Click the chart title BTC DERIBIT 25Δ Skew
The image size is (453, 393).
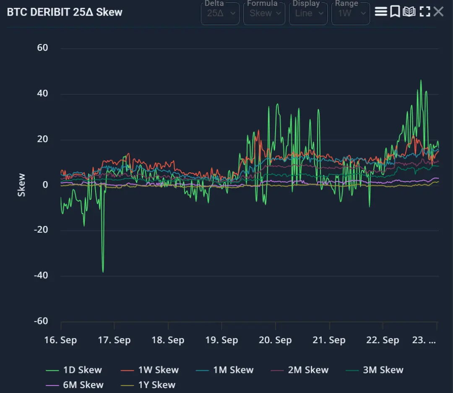pos(65,12)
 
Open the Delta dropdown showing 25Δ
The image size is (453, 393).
pos(220,13)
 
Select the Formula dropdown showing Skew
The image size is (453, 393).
pos(264,13)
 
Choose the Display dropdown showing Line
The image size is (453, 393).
pos(308,13)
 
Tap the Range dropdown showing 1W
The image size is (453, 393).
pos(350,13)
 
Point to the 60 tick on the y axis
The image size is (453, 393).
pos(43,48)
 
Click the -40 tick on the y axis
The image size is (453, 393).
pos(41,276)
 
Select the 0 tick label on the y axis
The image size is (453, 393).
pos(45,185)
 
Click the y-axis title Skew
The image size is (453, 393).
pos(21,185)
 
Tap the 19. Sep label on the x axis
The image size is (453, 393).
pos(221,340)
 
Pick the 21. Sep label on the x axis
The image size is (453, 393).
pos(329,340)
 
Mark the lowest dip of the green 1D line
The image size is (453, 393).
pos(103,272)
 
